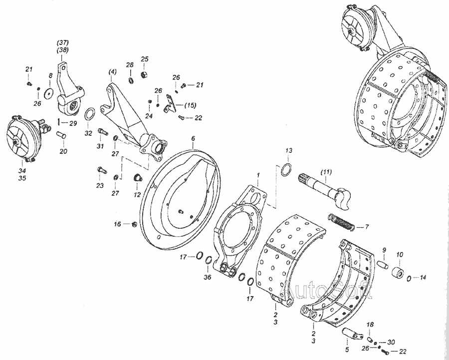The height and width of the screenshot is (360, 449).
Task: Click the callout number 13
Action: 289,150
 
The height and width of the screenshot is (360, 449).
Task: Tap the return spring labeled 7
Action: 342,222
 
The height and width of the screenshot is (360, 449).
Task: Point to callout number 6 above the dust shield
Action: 193,138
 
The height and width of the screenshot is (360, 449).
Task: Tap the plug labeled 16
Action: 134,224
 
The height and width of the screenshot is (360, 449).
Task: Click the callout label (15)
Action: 190,105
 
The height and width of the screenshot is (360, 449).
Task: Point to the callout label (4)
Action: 113,72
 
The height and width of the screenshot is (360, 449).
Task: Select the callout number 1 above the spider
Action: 258,175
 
